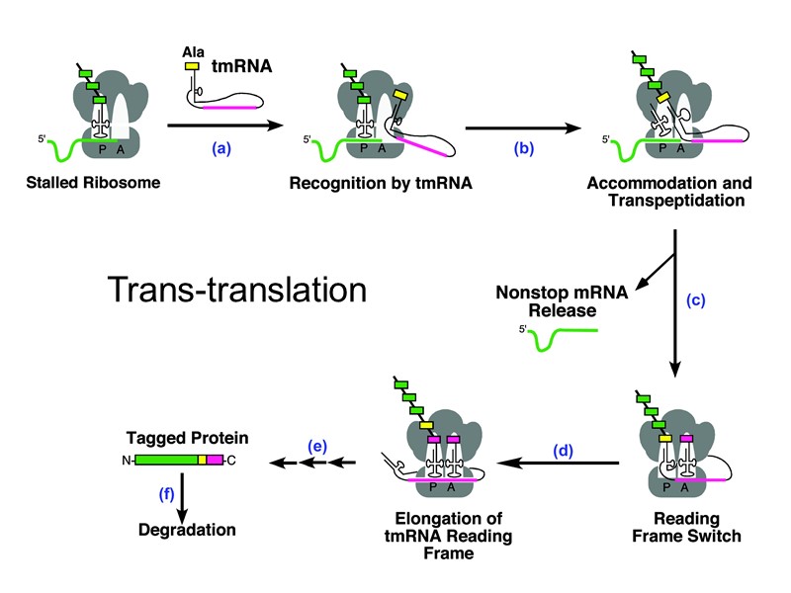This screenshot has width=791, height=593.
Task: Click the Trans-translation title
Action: pyautogui.click(x=236, y=290)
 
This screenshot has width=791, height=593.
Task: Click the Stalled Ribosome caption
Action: pyautogui.click(x=103, y=184)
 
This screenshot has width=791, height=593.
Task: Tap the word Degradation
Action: pyautogui.click(x=188, y=530)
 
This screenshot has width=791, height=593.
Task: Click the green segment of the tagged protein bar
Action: pyautogui.click(x=165, y=460)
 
